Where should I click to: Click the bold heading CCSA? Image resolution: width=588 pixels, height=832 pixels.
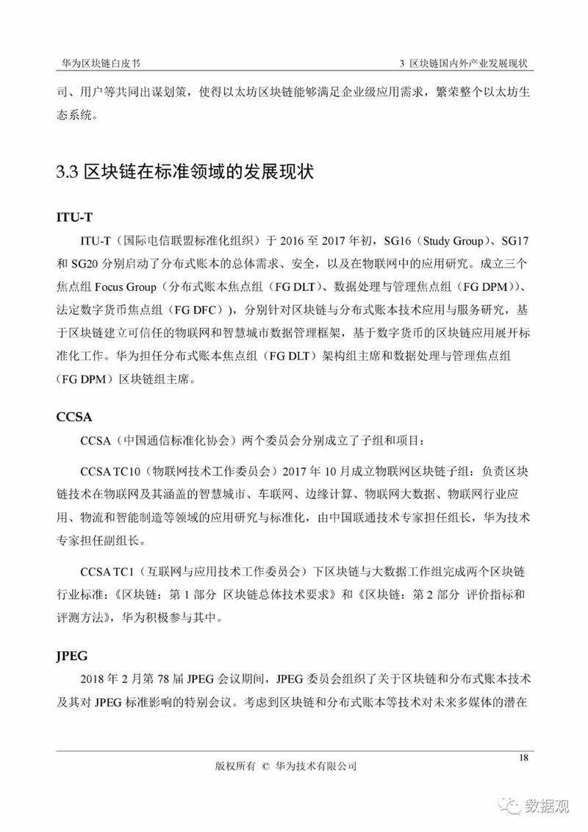pos(74,417)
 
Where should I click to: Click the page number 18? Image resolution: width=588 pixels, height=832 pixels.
pos(524,757)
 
